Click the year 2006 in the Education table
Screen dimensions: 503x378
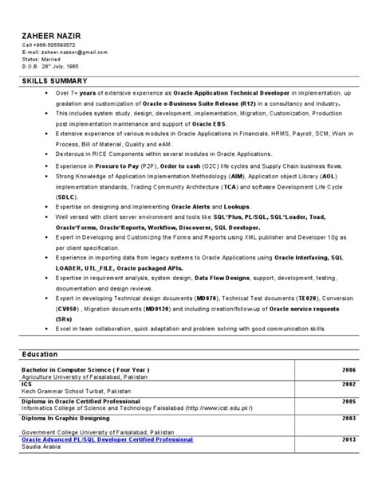pyautogui.click(x=348, y=370)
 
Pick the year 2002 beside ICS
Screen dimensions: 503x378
pyautogui.click(x=348, y=383)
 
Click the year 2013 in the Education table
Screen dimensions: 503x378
pyautogui.click(x=348, y=439)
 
